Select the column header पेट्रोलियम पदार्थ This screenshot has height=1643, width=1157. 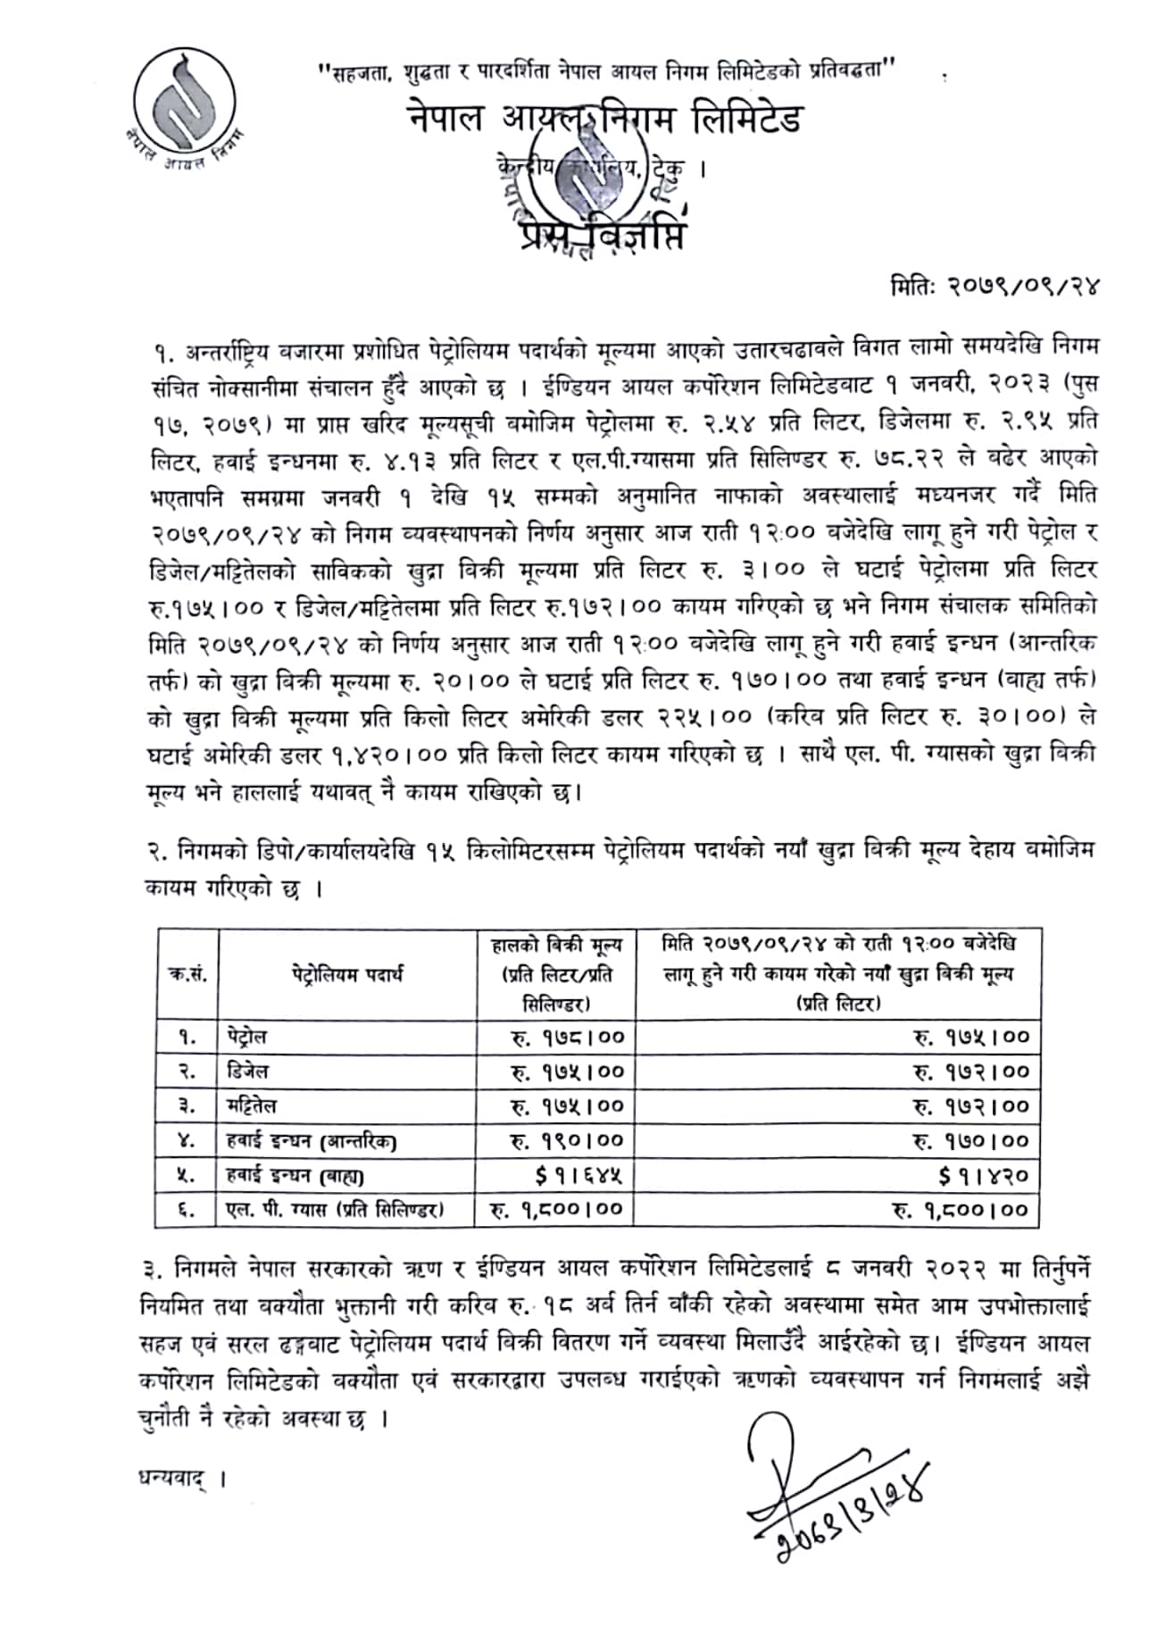point(346,974)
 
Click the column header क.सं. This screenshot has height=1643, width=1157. point(187,974)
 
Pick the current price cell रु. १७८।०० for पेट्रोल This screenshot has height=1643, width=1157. point(567,1038)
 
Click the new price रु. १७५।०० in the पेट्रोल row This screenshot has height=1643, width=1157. point(970,1038)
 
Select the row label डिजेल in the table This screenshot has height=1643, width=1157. point(247,1072)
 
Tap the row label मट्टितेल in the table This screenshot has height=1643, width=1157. point(252,1106)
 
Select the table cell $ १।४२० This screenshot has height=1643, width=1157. point(983,1176)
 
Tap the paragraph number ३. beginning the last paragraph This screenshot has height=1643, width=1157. point(150,1268)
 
